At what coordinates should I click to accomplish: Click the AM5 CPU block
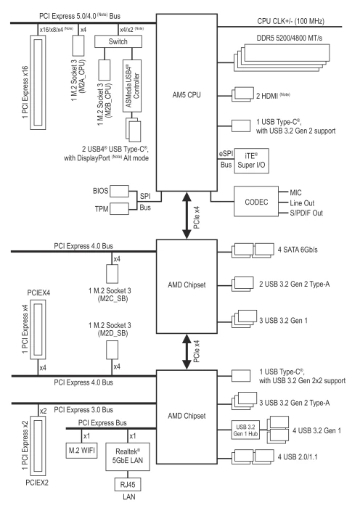click(x=187, y=102)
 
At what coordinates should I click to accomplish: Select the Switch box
click(x=118, y=41)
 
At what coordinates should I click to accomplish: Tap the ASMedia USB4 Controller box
click(x=132, y=86)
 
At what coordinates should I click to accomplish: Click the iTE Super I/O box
click(x=251, y=160)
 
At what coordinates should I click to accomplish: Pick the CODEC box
click(x=256, y=201)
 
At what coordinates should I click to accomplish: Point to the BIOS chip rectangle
click(x=119, y=191)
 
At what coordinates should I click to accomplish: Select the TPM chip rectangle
click(x=119, y=209)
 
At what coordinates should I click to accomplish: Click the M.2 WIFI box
click(x=82, y=451)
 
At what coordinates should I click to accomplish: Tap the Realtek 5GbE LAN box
click(x=128, y=456)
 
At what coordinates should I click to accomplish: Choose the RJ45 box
click(x=128, y=485)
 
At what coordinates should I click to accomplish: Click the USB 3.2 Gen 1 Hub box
click(x=245, y=430)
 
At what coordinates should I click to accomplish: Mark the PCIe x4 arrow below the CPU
click(x=187, y=216)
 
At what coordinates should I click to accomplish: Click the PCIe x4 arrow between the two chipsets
click(x=187, y=352)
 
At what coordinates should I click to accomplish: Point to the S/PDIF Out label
click(x=306, y=213)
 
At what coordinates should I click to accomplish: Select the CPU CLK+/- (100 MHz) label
click(x=290, y=21)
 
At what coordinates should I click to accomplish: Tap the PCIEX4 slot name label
click(x=38, y=293)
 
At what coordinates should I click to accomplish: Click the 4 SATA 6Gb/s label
click(x=298, y=250)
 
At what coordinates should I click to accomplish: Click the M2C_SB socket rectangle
click(x=112, y=274)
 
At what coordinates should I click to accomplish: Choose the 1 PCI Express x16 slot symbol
click(x=38, y=83)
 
